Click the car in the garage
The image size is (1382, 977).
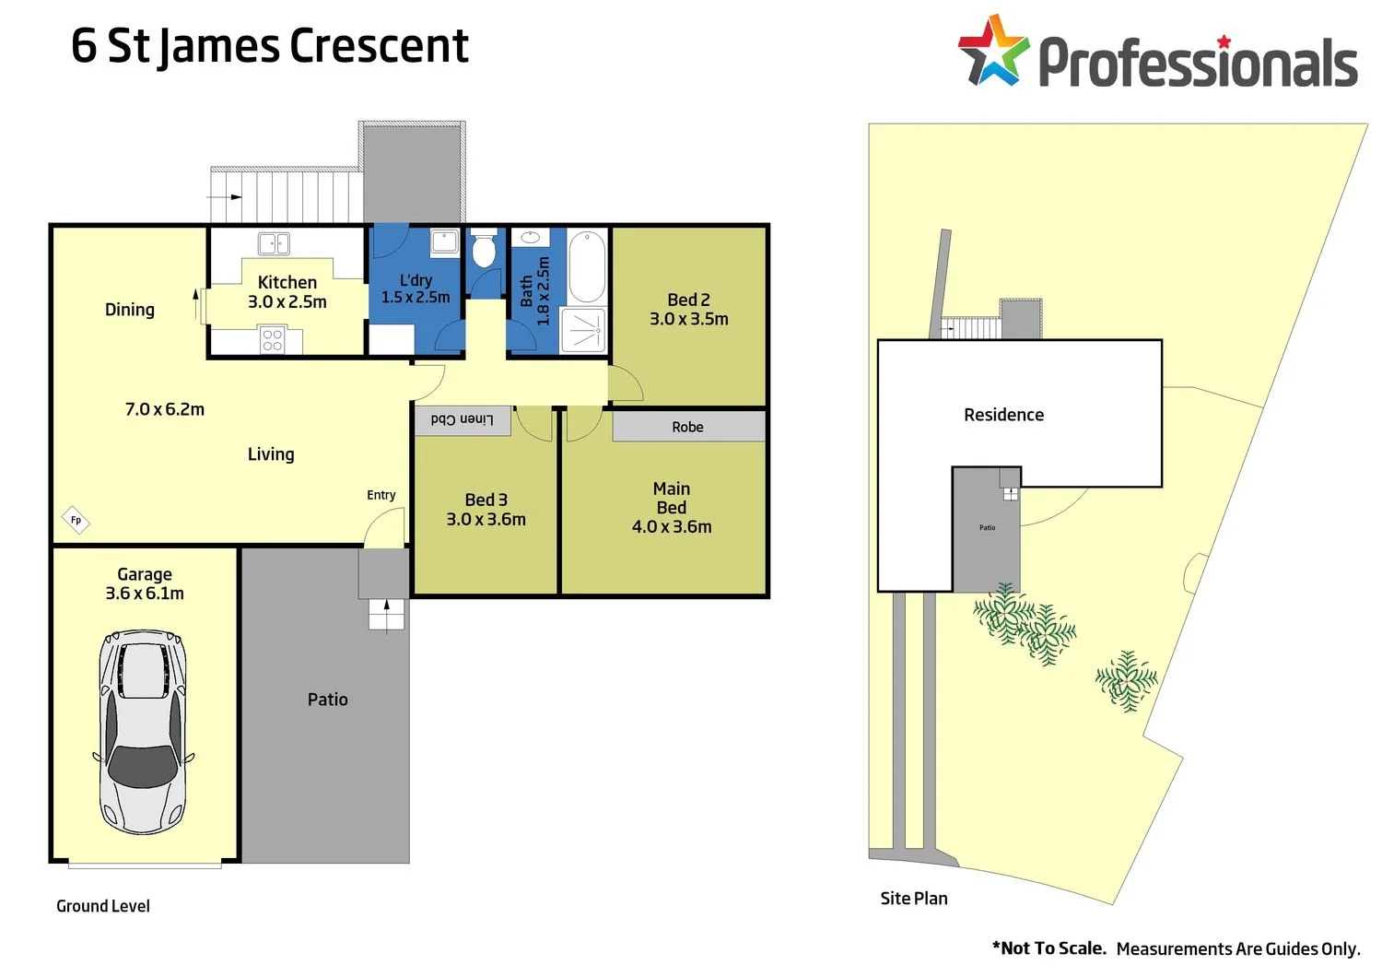click(143, 732)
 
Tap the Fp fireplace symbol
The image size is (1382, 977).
click(76, 520)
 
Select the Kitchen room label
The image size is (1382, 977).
click(287, 282)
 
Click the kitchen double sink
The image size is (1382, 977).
click(274, 243)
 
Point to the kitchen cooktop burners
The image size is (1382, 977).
click(272, 340)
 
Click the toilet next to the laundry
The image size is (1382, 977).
click(484, 250)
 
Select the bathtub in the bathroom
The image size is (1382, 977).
click(587, 266)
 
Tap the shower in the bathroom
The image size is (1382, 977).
click(585, 330)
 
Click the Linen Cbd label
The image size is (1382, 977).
click(462, 419)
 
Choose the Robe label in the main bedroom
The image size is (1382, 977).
click(687, 427)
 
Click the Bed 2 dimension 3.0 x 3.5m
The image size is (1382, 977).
click(688, 319)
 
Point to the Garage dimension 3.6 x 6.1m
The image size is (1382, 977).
click(145, 594)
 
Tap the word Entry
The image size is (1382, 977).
click(381, 495)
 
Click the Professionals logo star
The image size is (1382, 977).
click(992, 52)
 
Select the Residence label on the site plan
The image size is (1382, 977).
click(1003, 415)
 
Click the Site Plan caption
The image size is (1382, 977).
click(913, 898)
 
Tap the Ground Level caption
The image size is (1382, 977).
click(103, 906)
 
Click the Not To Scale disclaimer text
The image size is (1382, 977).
click(1049, 948)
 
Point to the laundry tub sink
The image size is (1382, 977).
click(445, 241)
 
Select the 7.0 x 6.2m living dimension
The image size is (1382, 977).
click(165, 409)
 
